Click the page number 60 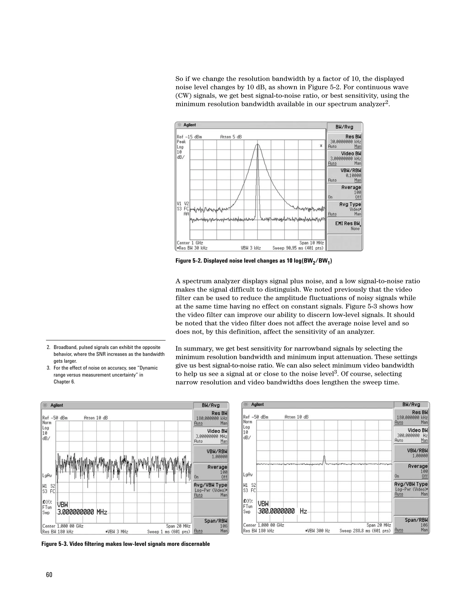pos(49,575)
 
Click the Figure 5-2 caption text pos(254,261)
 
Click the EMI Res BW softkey pos(344,226)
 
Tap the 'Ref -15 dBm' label pos(189,137)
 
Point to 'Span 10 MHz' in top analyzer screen pos(311,243)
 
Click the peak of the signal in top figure pos(258,144)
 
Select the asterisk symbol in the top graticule pos(321,146)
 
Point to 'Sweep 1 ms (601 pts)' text pos(169,532)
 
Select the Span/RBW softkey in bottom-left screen pos(211,525)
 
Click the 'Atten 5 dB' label pos(231,137)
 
